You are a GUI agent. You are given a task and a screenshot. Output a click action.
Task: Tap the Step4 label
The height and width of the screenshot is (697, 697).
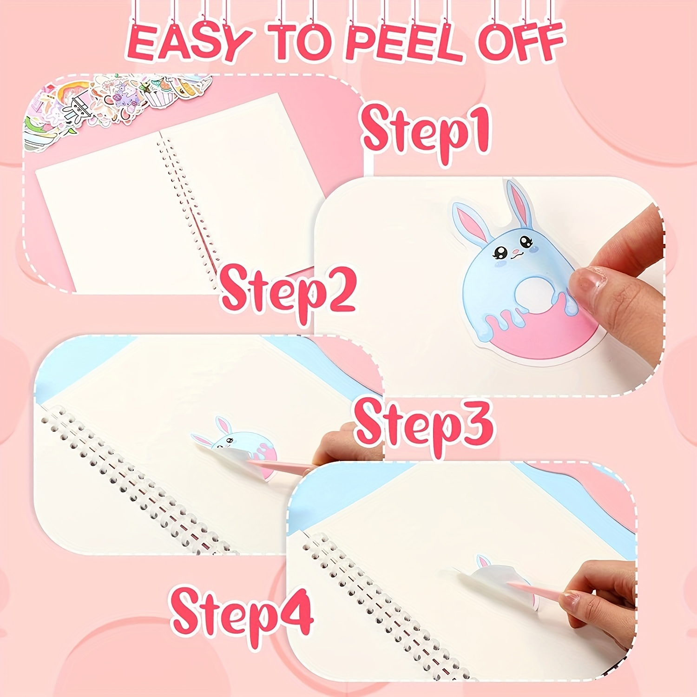pos(242,613)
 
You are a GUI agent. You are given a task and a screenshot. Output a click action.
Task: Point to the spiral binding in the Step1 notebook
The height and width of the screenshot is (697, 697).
pos(186,204)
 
